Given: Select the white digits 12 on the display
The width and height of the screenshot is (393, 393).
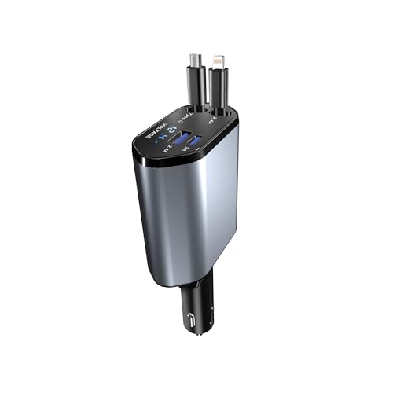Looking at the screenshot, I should [x=171, y=130].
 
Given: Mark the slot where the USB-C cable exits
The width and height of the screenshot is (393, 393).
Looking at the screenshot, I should [x=198, y=108].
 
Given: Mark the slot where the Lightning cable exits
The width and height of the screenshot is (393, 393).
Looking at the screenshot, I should [x=221, y=111].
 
